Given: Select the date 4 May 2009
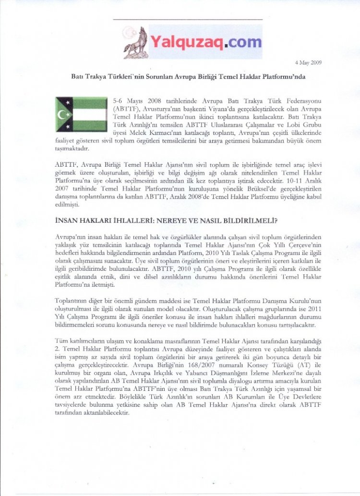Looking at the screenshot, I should [308, 62].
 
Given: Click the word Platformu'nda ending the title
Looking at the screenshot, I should [286, 76].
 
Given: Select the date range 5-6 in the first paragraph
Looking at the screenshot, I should [119, 101].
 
